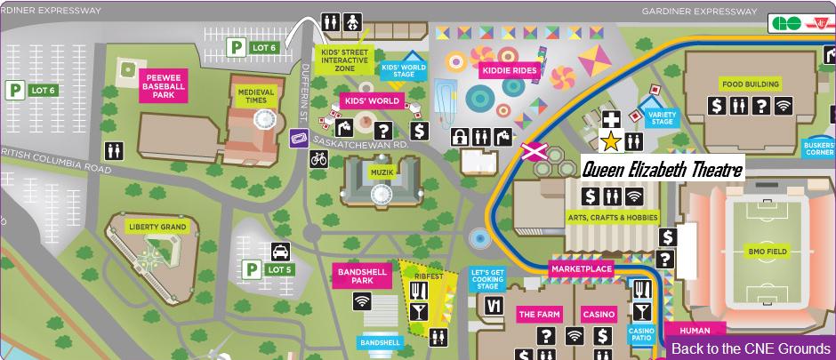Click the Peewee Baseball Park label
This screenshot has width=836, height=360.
163,85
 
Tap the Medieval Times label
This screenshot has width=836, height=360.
255,95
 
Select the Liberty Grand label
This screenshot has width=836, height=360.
157,228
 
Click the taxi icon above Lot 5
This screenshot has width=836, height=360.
280,252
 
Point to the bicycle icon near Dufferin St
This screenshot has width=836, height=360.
318,159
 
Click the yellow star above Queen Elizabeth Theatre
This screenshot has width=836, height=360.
611,141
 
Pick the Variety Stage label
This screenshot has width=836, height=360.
663,118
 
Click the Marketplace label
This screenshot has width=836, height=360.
582,268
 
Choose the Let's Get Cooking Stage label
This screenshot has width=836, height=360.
486,278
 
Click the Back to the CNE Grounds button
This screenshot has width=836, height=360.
751,348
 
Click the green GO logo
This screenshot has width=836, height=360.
786,24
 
